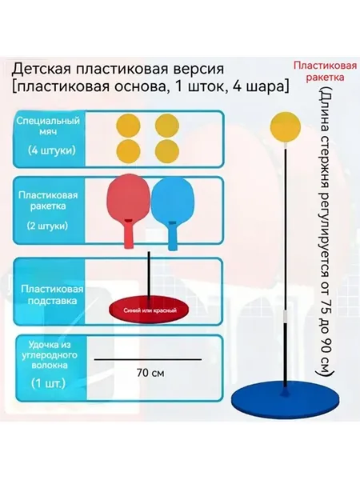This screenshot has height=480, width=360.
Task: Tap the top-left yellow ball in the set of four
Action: tap(128, 126)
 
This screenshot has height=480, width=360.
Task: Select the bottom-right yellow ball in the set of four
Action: tap(167, 151)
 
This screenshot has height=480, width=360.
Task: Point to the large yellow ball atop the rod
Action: tap(286, 127)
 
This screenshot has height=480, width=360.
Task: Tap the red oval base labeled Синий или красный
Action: tap(150, 311)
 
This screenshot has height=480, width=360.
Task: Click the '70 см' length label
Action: tap(150, 373)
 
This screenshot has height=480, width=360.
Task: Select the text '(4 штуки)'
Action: tap(51, 150)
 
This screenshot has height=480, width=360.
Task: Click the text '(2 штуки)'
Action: tap(47, 226)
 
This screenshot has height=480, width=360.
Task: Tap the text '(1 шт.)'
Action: tap(48, 383)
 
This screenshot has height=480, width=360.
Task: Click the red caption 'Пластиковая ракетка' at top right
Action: tap(325, 71)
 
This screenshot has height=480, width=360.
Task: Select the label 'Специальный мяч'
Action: tap(48, 126)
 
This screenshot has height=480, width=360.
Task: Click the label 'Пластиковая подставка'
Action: tap(52, 294)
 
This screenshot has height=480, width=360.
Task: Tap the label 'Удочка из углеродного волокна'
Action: tap(50, 354)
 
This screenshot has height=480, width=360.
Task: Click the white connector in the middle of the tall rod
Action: tap(286, 316)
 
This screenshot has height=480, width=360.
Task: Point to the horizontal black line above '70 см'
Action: tap(148, 359)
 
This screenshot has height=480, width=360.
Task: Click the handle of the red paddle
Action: tap(129, 234)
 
